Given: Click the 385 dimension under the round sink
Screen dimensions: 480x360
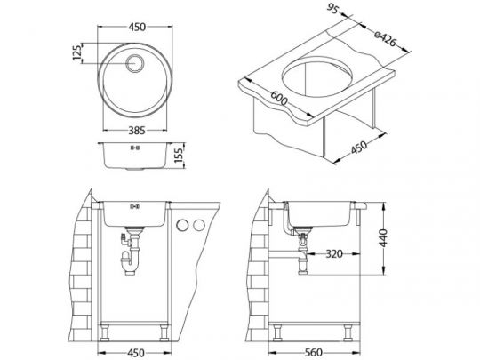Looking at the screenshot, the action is coord(137,131).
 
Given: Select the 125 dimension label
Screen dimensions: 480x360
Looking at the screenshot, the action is coord(77,52).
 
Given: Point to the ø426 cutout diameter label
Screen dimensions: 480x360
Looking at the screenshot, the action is coord(386,38).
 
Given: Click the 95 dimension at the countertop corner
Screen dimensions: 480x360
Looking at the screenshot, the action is coord(332,9).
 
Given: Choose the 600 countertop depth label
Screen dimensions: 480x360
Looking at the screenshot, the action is coord(279,98).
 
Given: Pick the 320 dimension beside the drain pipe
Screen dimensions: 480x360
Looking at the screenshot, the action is coord(334,253).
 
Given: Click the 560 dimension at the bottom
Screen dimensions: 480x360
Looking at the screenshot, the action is coord(314,352).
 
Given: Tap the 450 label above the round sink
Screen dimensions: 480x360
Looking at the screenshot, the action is coord(137,27).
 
